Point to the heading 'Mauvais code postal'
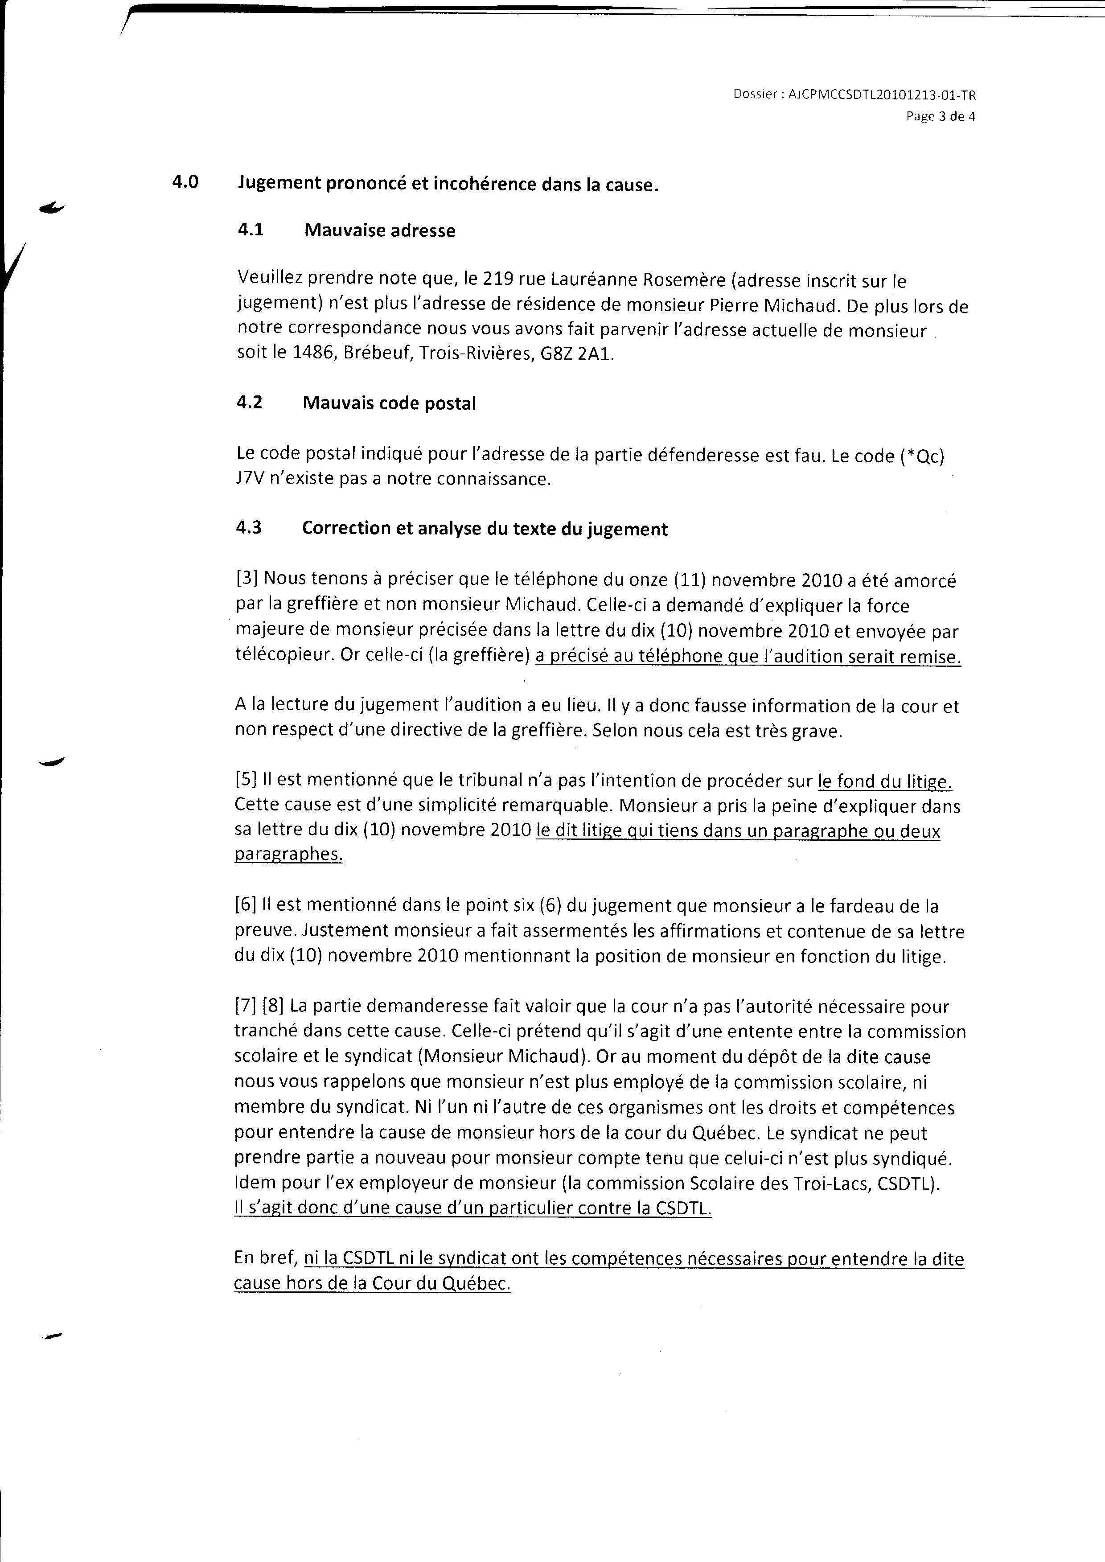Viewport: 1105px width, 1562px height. point(389,403)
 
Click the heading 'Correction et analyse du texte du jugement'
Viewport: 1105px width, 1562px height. point(485,529)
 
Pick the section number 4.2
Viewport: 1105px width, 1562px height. point(250,403)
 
